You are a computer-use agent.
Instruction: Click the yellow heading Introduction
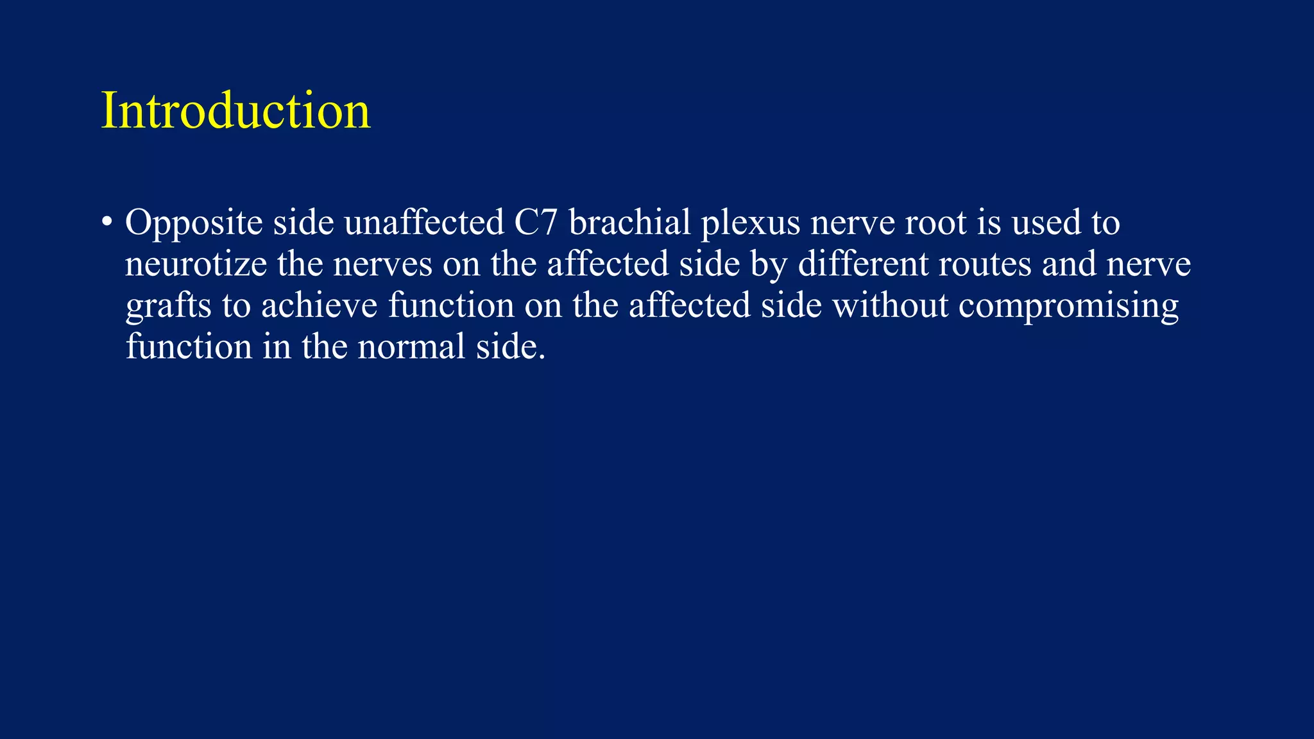[235, 111]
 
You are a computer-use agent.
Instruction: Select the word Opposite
[194, 224]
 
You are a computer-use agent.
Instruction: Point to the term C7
[536, 223]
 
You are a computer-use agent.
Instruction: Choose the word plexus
[750, 224]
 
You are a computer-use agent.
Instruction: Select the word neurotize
[196, 264]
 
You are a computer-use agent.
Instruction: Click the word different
[863, 264]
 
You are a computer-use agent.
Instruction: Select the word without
[890, 305]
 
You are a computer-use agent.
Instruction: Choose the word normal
[411, 347]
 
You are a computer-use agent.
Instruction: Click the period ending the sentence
[542, 357]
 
